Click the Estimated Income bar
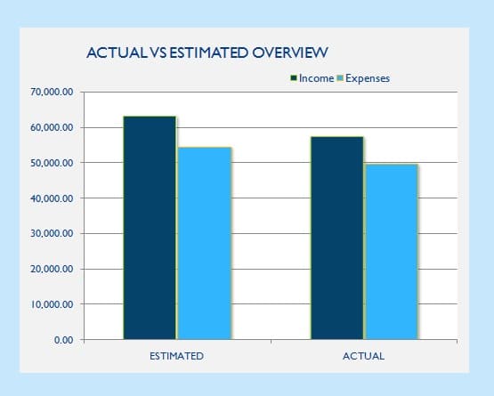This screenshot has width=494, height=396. [150, 228]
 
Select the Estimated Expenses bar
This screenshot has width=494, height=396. [205, 243]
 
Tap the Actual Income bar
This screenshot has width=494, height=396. [337, 238]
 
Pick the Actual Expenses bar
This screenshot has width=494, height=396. [392, 252]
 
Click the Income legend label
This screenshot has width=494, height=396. [316, 78]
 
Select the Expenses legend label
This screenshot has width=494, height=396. [368, 78]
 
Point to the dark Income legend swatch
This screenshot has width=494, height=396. [294, 77]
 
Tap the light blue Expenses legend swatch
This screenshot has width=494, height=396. [340, 77]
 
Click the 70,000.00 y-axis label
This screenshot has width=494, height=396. [52, 92]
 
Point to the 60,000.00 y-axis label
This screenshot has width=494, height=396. [52, 127]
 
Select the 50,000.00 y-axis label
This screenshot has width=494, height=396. [52, 163]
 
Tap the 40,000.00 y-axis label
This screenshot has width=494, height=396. [52, 198]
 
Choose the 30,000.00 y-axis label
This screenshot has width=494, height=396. [52, 233]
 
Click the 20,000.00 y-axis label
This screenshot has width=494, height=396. [52, 269]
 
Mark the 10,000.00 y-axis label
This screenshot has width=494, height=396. [52, 304]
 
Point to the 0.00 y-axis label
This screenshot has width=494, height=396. [63, 340]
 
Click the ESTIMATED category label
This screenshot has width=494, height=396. [176, 356]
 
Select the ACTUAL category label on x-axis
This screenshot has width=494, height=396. [363, 356]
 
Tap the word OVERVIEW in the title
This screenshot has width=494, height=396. [290, 53]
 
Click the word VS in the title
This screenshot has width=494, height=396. [158, 53]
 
